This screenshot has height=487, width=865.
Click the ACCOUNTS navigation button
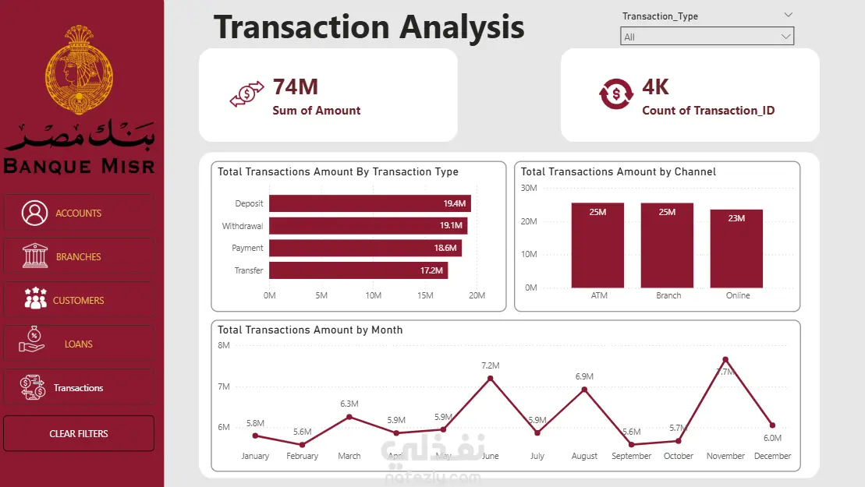coord(79,213)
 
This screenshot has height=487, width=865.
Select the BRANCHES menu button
coord(79,256)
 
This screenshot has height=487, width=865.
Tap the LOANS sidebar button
coord(79,344)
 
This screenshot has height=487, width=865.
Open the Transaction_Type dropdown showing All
coord(707,37)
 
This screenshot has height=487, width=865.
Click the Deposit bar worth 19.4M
coord(370,203)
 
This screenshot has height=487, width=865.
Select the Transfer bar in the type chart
coord(358,270)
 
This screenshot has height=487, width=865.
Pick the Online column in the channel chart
coord(736,248)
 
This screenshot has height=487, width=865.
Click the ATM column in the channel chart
coord(597,245)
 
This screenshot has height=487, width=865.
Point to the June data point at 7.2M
coord(490,379)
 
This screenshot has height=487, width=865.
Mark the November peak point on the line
coord(725,359)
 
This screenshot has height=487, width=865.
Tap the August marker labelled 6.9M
coord(584,390)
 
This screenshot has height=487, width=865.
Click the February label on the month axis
coord(303,456)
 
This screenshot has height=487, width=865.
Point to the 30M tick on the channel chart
coord(529,188)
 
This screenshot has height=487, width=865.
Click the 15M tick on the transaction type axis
coord(425,295)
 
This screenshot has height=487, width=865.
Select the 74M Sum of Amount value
coord(295,87)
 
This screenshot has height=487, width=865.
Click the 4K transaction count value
coord(655,87)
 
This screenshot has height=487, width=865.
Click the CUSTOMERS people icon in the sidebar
coord(35,300)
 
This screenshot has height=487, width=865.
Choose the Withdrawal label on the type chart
coord(243,226)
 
